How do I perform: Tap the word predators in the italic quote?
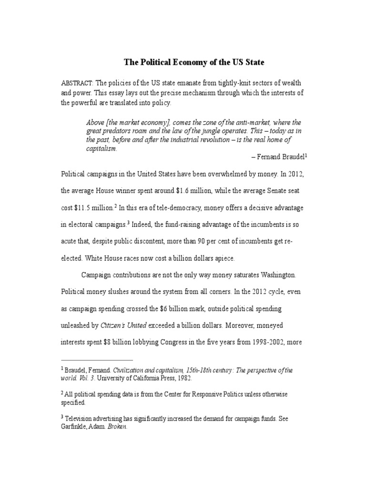tap(118, 131)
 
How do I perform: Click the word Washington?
tap(278, 275)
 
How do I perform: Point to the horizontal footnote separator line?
tap(97, 360)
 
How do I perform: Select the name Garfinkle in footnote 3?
tap(75, 427)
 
